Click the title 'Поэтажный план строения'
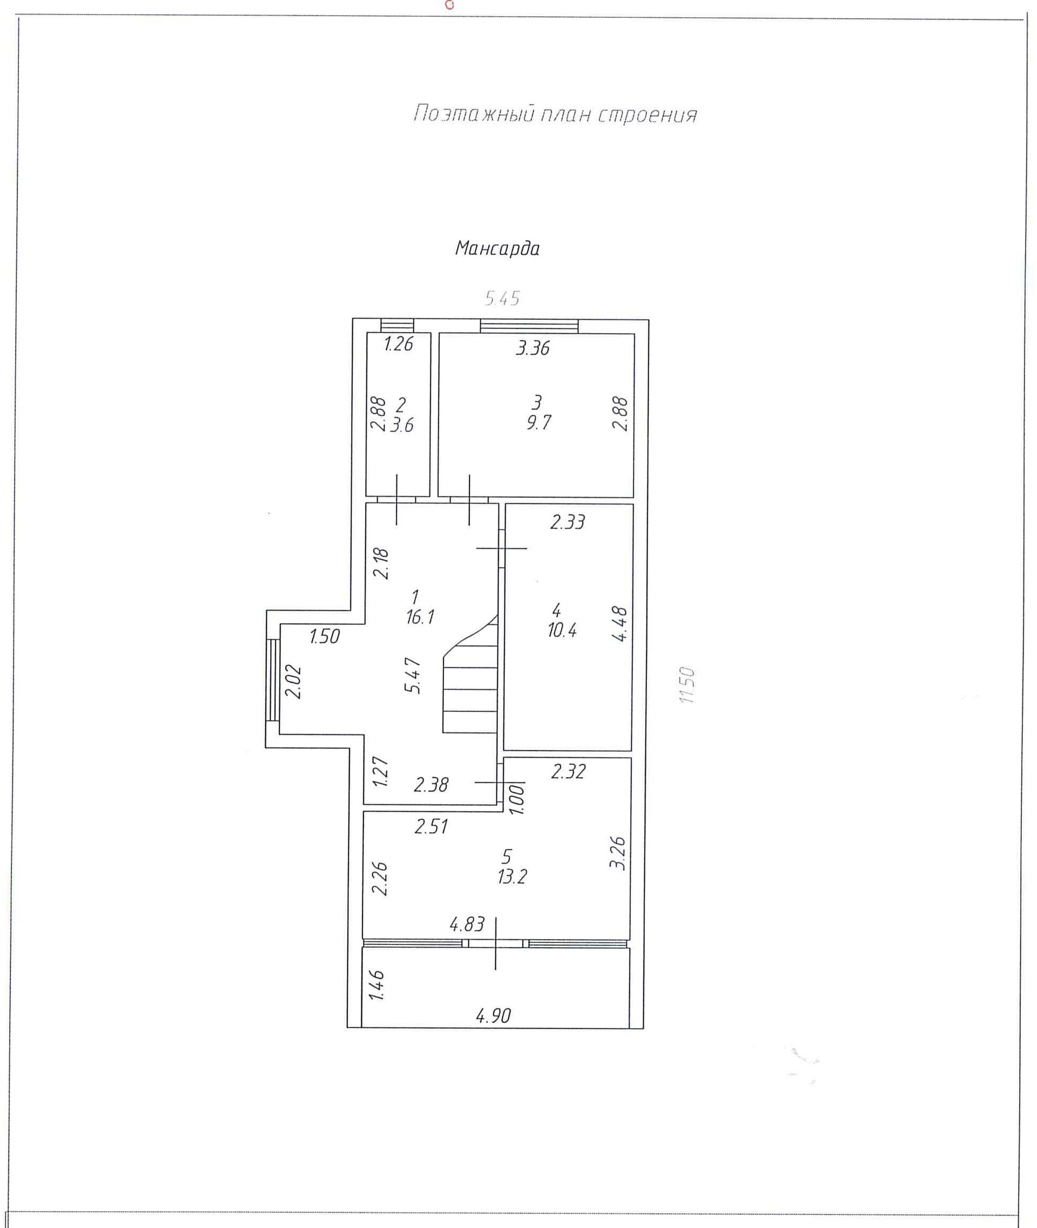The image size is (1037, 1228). click(x=555, y=114)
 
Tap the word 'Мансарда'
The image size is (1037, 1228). click(x=497, y=248)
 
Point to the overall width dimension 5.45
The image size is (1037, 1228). click(x=502, y=299)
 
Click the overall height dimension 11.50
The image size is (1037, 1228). click(x=686, y=685)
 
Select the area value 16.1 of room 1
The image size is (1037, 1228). click(x=420, y=617)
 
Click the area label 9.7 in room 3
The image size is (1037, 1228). click(x=538, y=423)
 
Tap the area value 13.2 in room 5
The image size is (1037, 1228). click(x=511, y=877)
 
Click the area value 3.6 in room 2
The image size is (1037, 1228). click(x=402, y=425)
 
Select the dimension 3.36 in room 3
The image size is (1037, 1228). click(x=533, y=348)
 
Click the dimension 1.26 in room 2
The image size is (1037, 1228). click(x=398, y=344)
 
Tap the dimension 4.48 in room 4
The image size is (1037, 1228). click(x=620, y=624)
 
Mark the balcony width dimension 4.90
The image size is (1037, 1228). click(x=493, y=1015)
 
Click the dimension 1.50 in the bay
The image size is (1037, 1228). click(x=325, y=636)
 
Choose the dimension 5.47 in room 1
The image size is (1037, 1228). click(x=414, y=676)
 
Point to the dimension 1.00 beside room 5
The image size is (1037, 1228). click(x=516, y=799)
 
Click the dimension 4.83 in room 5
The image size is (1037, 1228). click(x=467, y=925)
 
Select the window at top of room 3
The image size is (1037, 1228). click(x=529, y=326)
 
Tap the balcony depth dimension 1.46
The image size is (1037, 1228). click(x=376, y=985)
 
